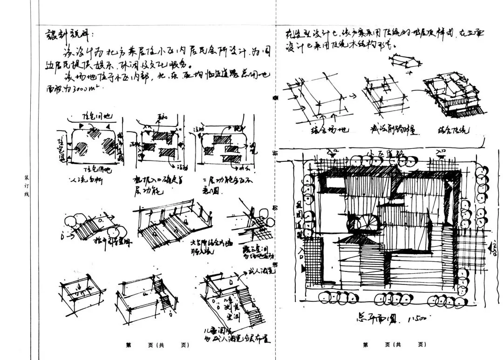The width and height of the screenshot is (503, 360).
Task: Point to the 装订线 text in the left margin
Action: [27, 185]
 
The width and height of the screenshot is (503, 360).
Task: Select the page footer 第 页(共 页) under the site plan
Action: [394, 345]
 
